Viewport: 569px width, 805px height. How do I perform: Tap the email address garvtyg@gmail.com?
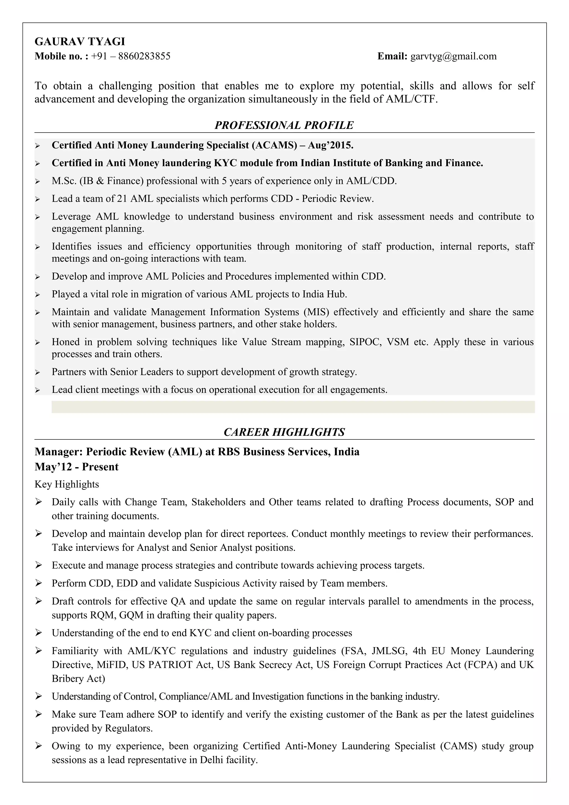[x=453, y=56]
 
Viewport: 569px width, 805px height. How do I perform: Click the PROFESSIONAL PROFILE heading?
[x=284, y=125]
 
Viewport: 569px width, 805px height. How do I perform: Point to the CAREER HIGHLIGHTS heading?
[x=284, y=432]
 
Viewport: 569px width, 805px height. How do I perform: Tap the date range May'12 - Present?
[x=76, y=467]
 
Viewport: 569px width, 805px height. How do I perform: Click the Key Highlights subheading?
[x=67, y=484]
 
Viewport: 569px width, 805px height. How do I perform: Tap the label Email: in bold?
[x=392, y=56]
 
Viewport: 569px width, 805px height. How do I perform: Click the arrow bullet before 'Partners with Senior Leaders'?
[x=38, y=372]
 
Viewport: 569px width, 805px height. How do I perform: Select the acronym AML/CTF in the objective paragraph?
[x=411, y=99]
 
